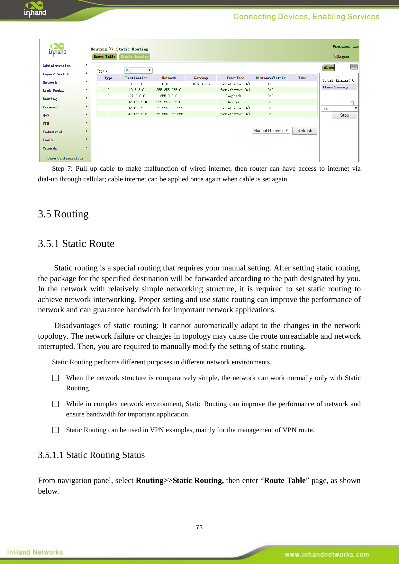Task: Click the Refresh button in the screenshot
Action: [304, 131]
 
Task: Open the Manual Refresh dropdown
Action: [271, 131]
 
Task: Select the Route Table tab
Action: [104, 57]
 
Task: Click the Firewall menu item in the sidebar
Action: [51, 107]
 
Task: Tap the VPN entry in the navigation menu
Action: [46, 123]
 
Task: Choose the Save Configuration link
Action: [65, 158]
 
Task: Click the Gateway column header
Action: [201, 78]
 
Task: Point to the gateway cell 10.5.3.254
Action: [201, 84]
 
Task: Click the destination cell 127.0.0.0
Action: [136, 96]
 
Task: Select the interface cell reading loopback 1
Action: [235, 96]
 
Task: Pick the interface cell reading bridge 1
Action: [235, 102]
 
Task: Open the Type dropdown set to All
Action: [138, 70]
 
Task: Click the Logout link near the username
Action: [343, 57]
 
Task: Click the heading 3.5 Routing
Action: [63, 214]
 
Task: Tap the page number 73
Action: [199, 527]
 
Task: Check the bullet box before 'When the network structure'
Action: [56, 378]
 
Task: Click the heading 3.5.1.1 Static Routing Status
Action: [91, 455]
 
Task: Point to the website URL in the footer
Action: [327, 554]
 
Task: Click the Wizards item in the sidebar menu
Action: [50, 148]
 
